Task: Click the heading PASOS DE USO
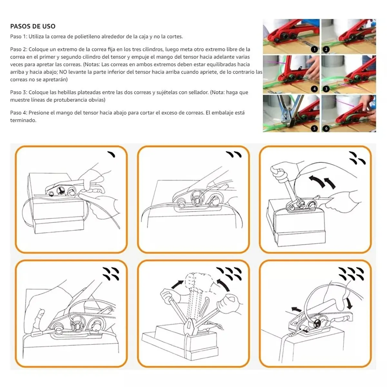(33, 26)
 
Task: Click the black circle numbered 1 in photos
(314, 49)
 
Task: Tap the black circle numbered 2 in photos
(326, 49)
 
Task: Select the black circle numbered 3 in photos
(326, 89)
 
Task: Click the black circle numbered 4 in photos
(314, 89)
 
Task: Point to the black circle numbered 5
(314, 128)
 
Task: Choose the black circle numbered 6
(326, 128)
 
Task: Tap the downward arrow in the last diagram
(349, 303)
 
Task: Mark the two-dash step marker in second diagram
(234, 154)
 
